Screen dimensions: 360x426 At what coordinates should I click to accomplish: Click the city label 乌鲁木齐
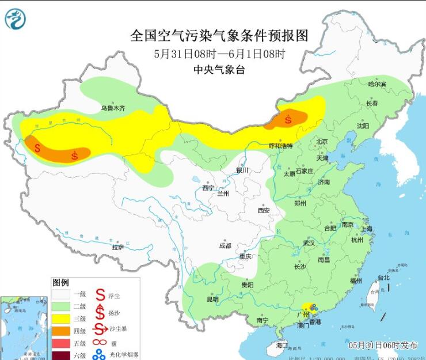[x=113, y=108]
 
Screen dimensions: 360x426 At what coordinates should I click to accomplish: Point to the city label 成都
[x=225, y=245]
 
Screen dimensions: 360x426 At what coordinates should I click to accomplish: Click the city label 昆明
[x=212, y=299]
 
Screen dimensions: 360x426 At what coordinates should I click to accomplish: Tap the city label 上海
[x=367, y=229]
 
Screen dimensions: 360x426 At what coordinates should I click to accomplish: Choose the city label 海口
[x=282, y=345]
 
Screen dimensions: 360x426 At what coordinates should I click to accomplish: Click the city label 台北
[x=383, y=278]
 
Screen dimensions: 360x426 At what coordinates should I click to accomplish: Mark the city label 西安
[x=264, y=210]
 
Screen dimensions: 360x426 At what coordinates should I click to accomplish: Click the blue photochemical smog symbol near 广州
[x=314, y=309]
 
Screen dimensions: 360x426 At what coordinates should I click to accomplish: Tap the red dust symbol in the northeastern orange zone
[x=288, y=119]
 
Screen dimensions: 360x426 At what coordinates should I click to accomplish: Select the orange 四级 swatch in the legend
[x=62, y=330]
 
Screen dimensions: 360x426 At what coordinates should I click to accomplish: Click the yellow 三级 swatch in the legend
[x=62, y=318]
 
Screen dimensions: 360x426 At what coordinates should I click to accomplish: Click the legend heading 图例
[x=60, y=283]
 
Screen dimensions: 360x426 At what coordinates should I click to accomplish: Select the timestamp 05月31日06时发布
[x=383, y=345]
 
